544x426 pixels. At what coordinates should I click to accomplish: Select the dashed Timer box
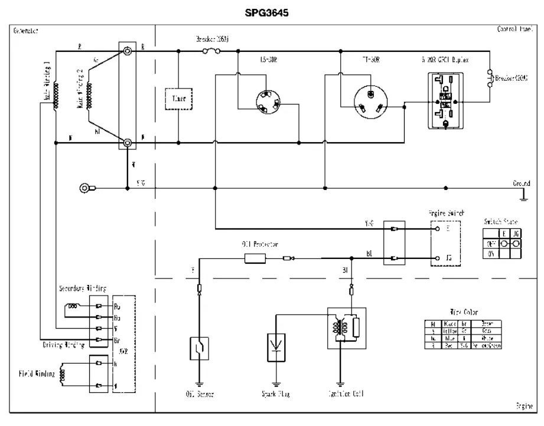point(179,99)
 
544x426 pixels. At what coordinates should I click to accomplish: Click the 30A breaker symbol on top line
point(211,51)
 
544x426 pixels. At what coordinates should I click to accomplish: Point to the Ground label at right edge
point(521,183)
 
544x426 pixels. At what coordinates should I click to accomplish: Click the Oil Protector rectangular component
point(255,258)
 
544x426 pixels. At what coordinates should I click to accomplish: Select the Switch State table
point(502,241)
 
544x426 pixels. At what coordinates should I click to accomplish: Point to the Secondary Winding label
point(82,289)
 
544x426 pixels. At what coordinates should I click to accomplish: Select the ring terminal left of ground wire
point(86,189)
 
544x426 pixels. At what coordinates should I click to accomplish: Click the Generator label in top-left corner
point(26,30)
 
